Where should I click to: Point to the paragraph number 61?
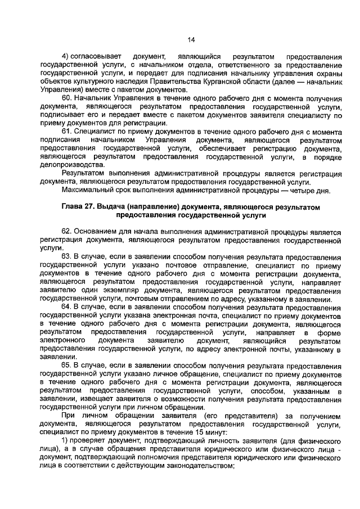(x=67, y=131)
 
